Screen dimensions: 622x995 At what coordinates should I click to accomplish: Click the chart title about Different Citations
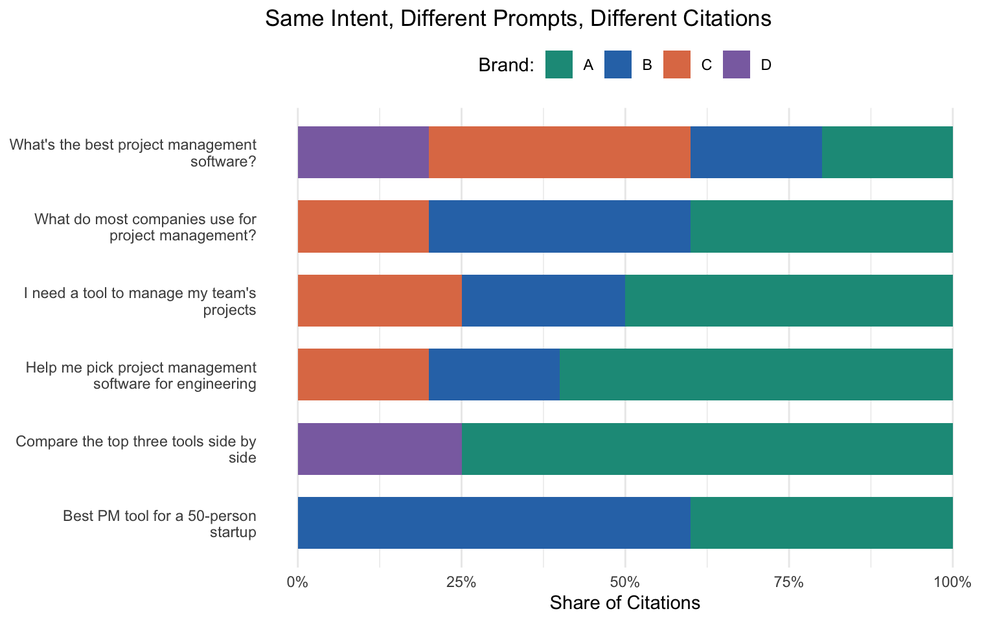(518, 19)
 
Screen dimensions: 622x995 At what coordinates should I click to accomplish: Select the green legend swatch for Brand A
(558, 65)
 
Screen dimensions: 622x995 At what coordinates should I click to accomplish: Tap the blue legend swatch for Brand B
(618, 65)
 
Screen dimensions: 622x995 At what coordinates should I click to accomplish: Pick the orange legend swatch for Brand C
(677, 65)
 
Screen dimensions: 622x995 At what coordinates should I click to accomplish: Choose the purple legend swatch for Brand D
(737, 65)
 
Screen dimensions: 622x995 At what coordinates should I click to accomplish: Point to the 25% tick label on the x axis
(461, 582)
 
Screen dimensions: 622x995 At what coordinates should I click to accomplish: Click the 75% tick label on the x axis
(789, 582)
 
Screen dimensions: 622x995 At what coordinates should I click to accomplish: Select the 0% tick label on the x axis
(297, 582)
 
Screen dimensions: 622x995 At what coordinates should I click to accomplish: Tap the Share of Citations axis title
(624, 603)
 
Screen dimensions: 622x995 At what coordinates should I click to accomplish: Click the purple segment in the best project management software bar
(363, 152)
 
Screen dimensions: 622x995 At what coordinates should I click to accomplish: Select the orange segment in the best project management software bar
(559, 152)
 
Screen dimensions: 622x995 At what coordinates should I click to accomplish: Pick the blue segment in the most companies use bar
(559, 226)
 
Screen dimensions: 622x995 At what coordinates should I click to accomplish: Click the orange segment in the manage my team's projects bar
(380, 301)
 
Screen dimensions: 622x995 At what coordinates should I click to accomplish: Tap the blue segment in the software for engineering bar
(494, 374)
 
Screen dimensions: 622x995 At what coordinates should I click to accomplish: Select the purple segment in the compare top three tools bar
(380, 449)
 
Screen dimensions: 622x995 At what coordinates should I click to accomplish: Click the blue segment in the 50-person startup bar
(494, 523)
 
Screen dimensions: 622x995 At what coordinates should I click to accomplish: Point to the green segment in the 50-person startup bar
(821, 523)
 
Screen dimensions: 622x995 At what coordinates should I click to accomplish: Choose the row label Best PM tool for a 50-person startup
(159, 524)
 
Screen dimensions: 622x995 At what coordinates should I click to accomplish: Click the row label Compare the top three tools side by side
(136, 450)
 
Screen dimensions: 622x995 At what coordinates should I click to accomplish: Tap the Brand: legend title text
(506, 65)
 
